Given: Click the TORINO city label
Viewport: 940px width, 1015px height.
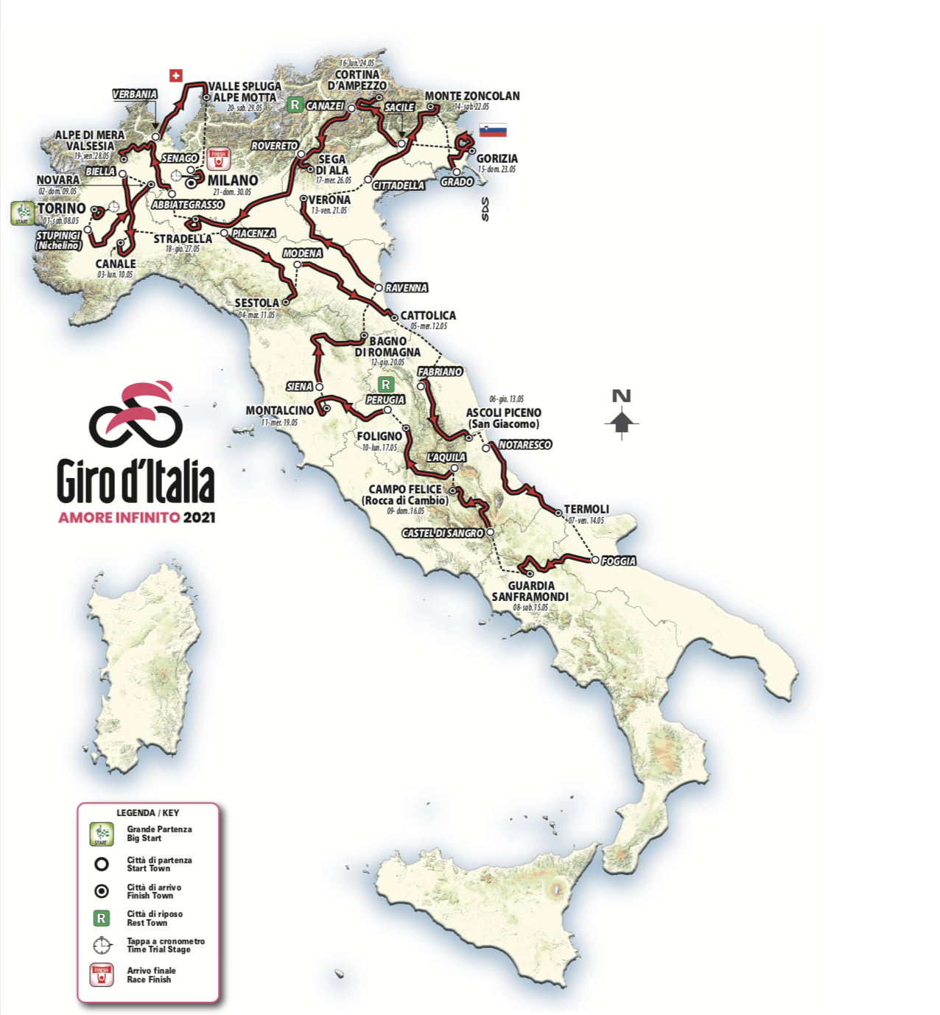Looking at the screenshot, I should pos(62,208).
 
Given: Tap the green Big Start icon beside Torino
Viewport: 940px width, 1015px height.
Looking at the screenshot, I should pos(21,213).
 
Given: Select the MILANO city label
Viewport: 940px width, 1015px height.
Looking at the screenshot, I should pos(232,180).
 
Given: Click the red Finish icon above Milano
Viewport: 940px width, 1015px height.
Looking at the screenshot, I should pos(218,158).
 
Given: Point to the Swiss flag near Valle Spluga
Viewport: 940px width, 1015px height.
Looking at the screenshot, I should pos(175,75).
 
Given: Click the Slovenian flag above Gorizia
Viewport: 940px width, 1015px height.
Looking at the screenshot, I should pos(493,130).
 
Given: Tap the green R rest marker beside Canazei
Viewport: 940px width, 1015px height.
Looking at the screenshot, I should pos(295,105).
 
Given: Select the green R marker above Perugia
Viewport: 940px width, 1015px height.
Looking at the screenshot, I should pos(385,384).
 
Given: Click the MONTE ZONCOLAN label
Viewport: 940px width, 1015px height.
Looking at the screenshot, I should pos(471,96).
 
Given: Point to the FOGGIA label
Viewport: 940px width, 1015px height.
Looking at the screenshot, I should pos(618,561).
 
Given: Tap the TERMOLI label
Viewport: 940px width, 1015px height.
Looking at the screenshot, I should pos(586,509).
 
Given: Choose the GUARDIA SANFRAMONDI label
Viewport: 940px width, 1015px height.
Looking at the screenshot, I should pos(530,591).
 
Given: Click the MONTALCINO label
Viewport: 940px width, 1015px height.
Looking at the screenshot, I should pos(279,410).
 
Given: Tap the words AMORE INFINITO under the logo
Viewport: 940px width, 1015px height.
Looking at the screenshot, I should pos(119,517).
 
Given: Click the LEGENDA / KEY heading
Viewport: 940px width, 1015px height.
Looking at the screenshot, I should pos(147,812).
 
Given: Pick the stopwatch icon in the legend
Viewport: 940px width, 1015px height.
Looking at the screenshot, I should pos(102,945).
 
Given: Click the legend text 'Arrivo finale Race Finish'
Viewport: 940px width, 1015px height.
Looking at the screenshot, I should pos(151,974).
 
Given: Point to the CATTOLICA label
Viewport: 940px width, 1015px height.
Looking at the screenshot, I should pos(428,315).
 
